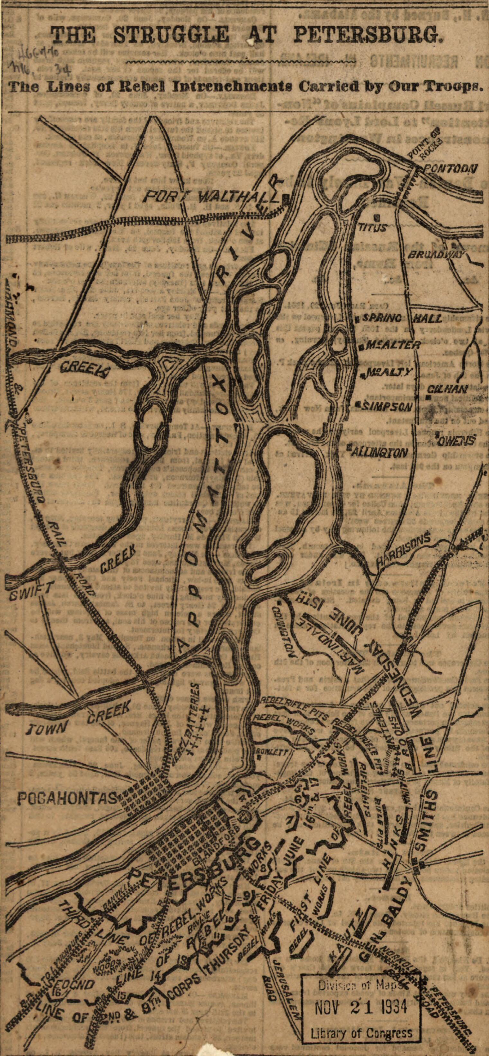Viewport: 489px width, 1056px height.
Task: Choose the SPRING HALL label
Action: (x=396, y=319)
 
